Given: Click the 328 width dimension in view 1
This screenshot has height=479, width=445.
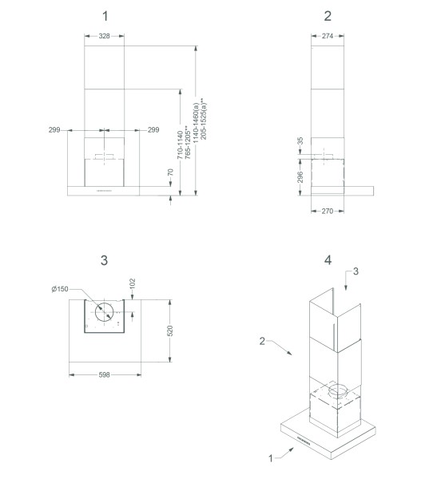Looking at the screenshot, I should coord(105,36).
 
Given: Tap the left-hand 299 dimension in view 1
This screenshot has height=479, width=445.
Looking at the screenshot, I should coord(55,129).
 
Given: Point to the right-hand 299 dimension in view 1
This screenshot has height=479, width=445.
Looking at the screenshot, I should coord(154,129).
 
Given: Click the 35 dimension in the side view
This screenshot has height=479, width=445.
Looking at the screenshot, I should coord(300,141).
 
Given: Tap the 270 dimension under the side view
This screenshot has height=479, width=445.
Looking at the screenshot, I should coord(326,213).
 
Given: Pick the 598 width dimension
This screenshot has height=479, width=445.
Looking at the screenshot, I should coord(105,374).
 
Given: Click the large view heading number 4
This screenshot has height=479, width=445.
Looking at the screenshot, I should coord(328,260).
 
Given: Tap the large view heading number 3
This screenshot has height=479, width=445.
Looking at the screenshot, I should coord(105,260).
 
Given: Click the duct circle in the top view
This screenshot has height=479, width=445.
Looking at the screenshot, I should coord(104,312).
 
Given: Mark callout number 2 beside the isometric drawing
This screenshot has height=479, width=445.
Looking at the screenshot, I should coord(261,341).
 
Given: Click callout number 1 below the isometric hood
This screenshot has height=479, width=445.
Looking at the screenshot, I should coord(272,457).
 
